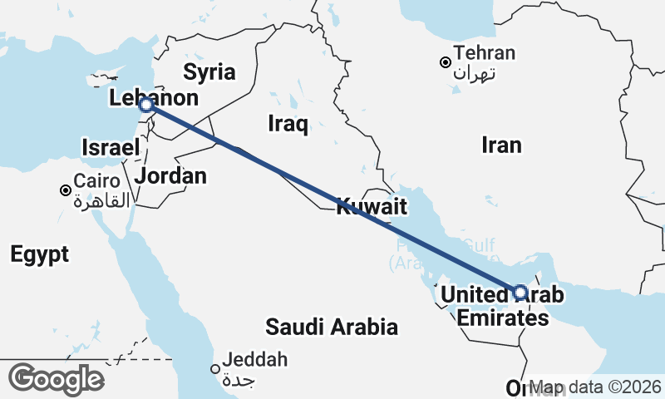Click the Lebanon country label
(x=155, y=98)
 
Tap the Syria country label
(x=209, y=71)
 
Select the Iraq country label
(x=288, y=125)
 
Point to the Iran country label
(x=501, y=145)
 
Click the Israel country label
(x=109, y=148)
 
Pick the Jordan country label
(x=170, y=175)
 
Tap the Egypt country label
(x=40, y=254)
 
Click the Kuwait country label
(x=372, y=207)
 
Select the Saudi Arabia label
(x=332, y=327)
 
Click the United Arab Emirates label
(x=502, y=306)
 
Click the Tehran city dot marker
(x=446, y=62)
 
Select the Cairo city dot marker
(x=66, y=190)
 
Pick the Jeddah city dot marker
(x=214, y=369)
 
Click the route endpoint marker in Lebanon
(x=145, y=105)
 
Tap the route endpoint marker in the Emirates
(x=520, y=292)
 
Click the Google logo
(x=56, y=379)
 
